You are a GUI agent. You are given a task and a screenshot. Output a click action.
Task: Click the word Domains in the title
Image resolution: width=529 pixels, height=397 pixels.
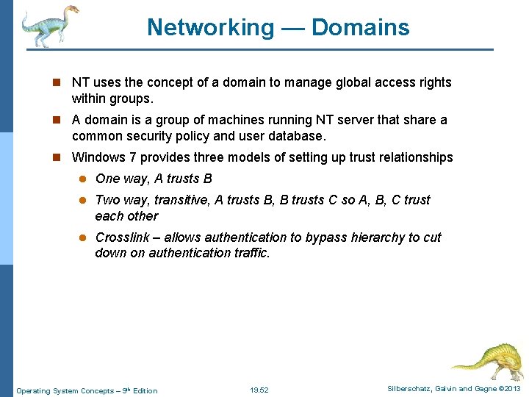(361, 27)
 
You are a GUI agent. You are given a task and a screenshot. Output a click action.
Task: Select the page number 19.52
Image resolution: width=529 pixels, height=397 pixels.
(259, 390)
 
